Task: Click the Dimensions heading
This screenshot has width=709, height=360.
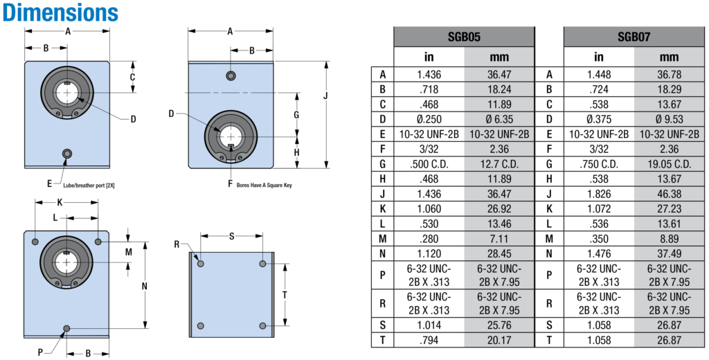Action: click(x=60, y=12)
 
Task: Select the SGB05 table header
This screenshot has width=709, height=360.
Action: click(x=464, y=37)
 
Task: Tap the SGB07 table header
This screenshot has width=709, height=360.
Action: click(x=634, y=37)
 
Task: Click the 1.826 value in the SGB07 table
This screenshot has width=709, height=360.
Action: click(x=599, y=194)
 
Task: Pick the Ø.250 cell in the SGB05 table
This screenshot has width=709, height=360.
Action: click(x=429, y=119)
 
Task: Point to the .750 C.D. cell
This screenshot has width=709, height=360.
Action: click(x=599, y=164)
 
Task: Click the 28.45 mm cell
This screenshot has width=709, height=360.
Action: click(x=499, y=253)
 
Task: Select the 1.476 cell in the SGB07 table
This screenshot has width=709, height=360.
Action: click(x=599, y=253)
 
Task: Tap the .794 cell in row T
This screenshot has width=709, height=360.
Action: click(x=429, y=340)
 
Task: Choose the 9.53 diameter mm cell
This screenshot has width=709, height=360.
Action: click(x=670, y=119)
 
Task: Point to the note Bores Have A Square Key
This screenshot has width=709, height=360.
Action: click(x=264, y=185)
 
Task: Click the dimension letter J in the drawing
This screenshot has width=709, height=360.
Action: click(x=326, y=96)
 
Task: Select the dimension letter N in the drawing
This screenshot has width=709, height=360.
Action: click(x=144, y=286)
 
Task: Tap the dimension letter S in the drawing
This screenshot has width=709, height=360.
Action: click(x=231, y=236)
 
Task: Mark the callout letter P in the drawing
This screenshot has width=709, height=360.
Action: click(x=40, y=353)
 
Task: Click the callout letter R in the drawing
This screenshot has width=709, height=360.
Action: click(x=177, y=244)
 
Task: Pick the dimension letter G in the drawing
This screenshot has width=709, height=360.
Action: click(x=296, y=115)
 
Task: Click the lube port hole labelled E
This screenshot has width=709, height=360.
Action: click(x=67, y=154)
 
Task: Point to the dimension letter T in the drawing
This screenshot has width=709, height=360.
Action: click(x=285, y=295)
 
